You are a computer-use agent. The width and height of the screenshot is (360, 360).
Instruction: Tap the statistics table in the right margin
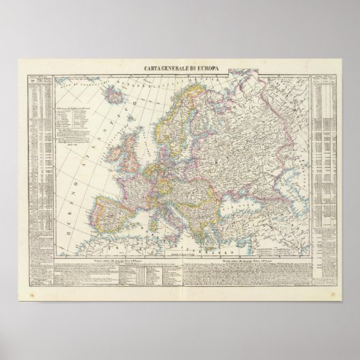(325, 170)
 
